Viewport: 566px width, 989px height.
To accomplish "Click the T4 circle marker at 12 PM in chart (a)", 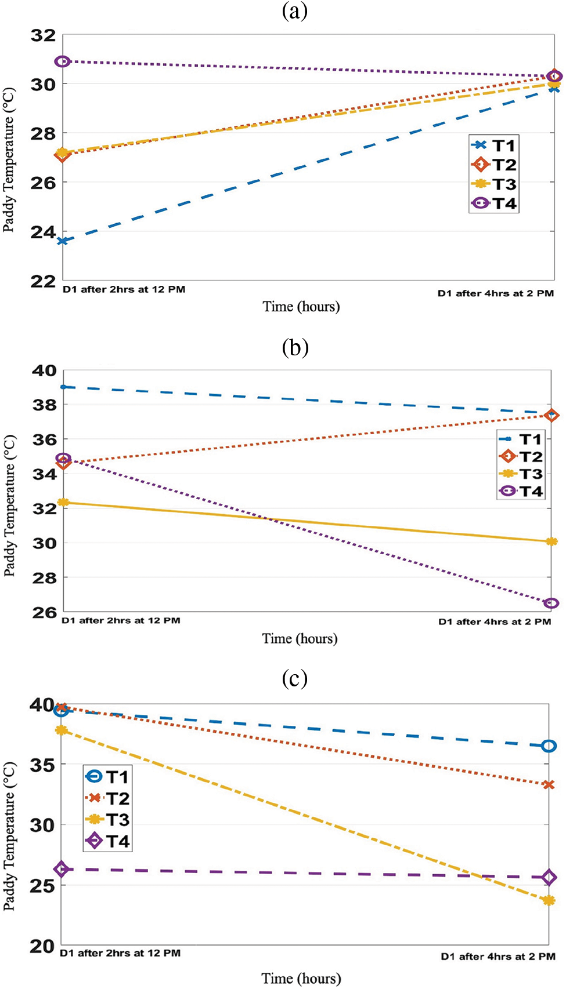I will pos(63,61).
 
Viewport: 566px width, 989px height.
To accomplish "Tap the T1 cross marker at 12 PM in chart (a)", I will pos(63,241).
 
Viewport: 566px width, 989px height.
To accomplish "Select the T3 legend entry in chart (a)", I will pos(494,184).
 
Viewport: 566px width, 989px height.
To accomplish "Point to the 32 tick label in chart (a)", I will pos(43,36).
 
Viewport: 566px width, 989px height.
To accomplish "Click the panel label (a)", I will pos(294,12).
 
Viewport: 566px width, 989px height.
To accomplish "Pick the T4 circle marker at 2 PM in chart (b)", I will pos(551,603).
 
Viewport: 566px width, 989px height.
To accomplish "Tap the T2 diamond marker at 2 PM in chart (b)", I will pos(551,415).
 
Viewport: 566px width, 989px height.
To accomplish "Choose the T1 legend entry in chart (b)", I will pos(521,439).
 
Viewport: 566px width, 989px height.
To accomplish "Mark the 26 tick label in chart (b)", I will pos(45,612).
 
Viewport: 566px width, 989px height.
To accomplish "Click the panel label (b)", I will pos(294,347).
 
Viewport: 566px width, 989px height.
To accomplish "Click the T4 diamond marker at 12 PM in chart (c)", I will pos(62,869).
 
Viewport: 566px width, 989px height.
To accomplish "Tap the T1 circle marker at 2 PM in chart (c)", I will pos(549,746).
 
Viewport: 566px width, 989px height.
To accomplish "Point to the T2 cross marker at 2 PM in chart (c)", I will pos(549,785).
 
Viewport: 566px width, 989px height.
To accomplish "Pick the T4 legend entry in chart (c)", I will pos(108,841).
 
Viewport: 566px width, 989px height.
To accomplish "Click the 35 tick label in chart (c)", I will pos(42,765).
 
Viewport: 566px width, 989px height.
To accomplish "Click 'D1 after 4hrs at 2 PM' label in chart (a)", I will pos(496,293).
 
